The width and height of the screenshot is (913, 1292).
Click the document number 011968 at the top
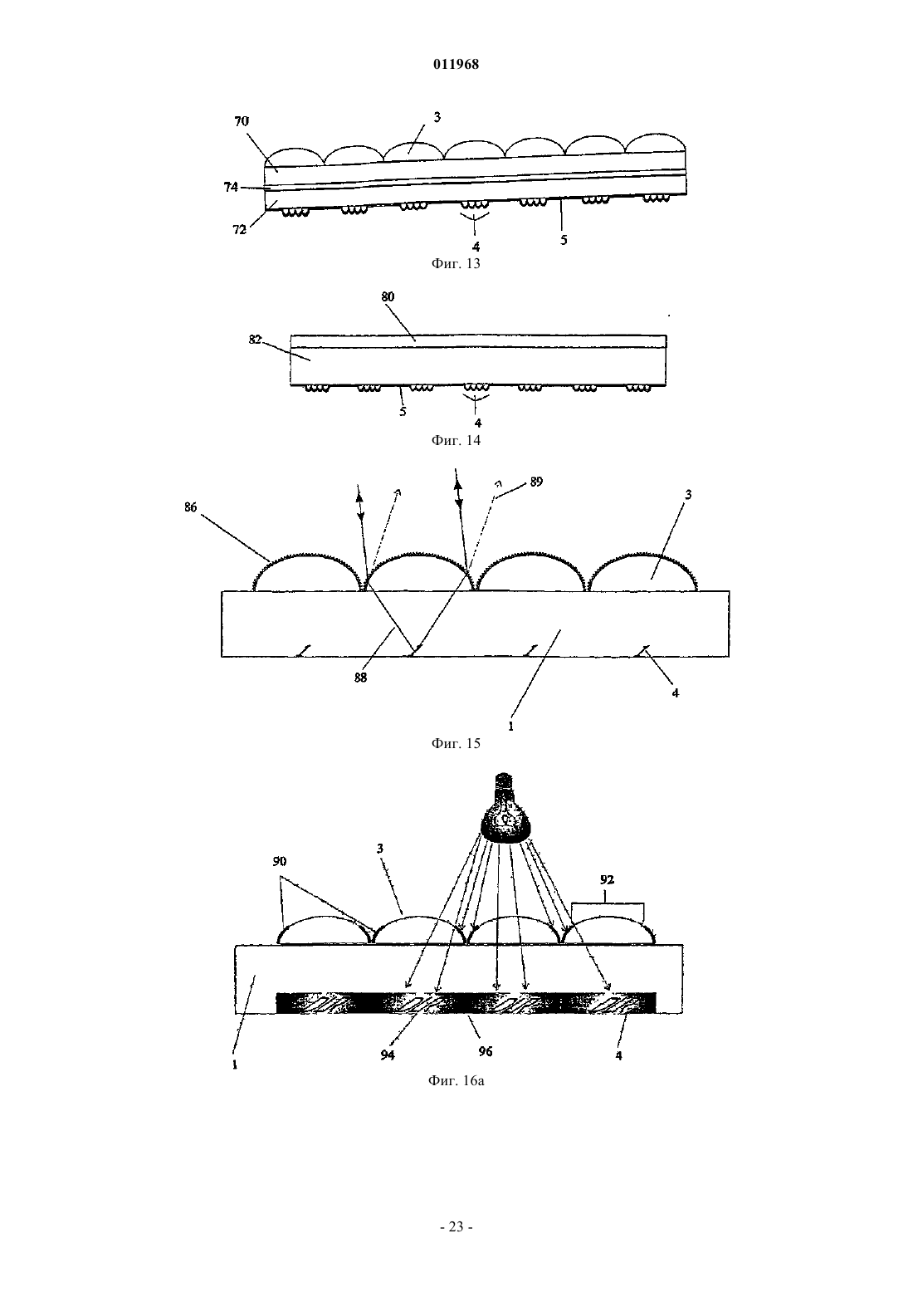click(x=456, y=64)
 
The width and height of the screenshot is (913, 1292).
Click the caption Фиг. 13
click(x=456, y=263)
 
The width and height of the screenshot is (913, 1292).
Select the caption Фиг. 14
click(x=456, y=441)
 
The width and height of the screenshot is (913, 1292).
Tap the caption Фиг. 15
click(x=456, y=743)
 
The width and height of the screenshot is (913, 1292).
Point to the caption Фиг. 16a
click(x=456, y=1081)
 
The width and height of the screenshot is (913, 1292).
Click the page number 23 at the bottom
click(x=456, y=1227)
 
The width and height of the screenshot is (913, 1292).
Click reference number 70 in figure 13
click(x=242, y=121)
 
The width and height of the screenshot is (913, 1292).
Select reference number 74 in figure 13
click(x=231, y=187)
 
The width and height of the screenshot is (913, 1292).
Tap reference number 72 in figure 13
click(x=239, y=229)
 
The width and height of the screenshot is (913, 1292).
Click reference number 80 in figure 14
click(x=388, y=296)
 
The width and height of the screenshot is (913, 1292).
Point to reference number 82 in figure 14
click(x=256, y=339)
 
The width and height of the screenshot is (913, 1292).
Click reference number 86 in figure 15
click(x=191, y=507)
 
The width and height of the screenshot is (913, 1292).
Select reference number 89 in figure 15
click(x=536, y=482)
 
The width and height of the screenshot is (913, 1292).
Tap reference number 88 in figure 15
click(x=360, y=678)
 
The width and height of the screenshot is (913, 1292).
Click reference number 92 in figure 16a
click(x=607, y=880)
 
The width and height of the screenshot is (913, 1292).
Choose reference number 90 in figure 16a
click(x=280, y=861)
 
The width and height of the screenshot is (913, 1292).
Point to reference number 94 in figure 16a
click(x=388, y=1055)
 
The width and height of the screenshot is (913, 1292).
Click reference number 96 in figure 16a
click(x=486, y=1051)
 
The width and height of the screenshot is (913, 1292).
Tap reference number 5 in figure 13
click(x=564, y=239)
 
